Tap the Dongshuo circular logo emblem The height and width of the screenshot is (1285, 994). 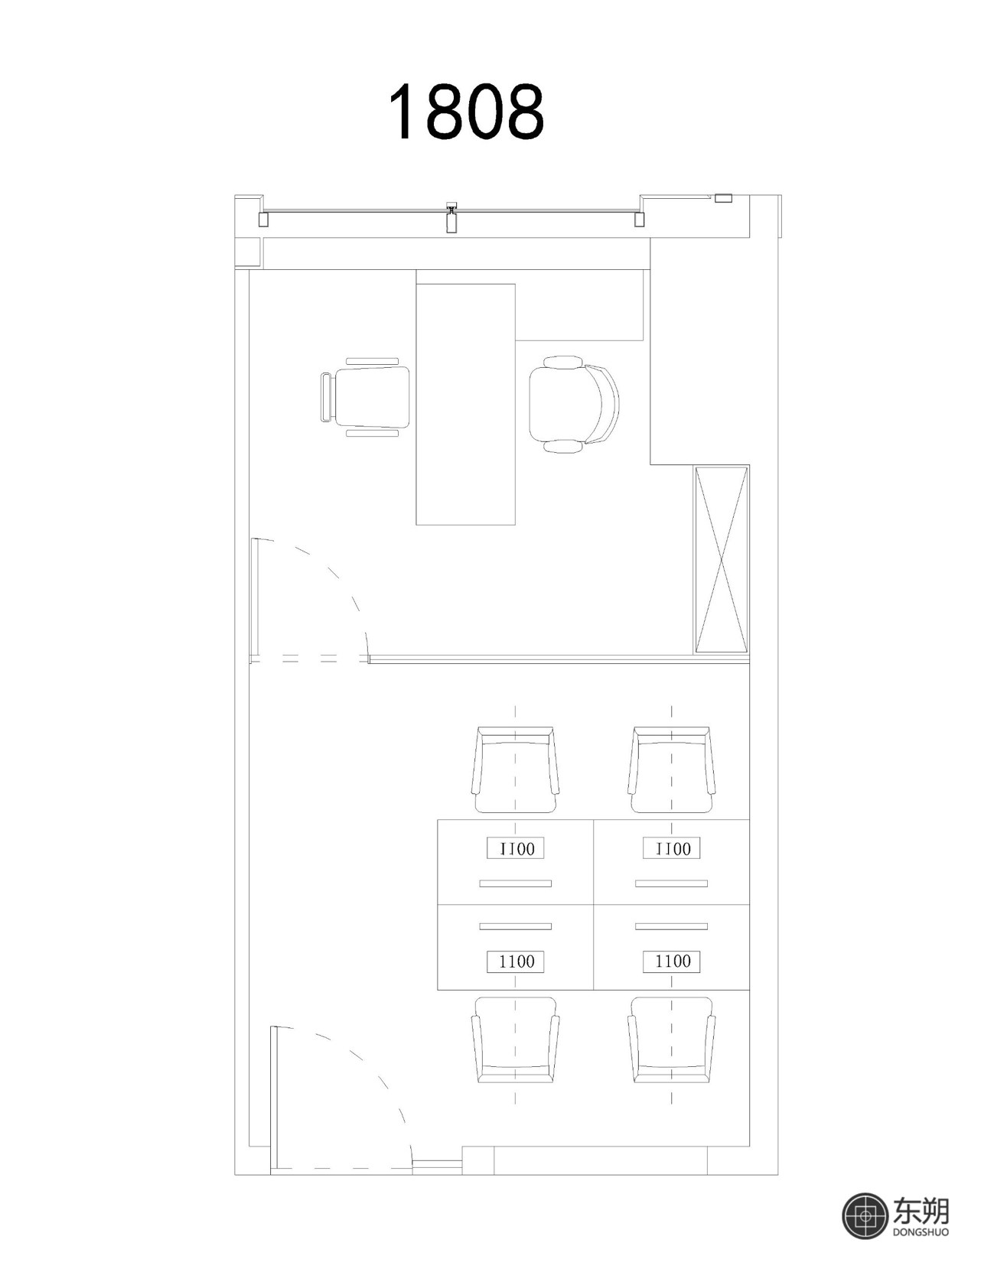[x=866, y=1215]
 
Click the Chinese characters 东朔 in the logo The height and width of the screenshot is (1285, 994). [x=921, y=1210]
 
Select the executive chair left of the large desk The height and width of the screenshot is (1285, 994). [x=365, y=396]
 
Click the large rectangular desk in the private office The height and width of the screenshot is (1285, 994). [x=465, y=405]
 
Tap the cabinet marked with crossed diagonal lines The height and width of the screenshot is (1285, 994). [x=721, y=559]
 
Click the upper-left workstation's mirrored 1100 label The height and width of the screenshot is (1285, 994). [x=516, y=848]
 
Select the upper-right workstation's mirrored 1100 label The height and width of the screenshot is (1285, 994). [x=672, y=848]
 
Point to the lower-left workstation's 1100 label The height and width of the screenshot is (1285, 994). [x=516, y=961]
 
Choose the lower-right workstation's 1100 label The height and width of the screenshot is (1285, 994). [x=672, y=961]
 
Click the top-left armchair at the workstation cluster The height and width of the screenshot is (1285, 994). [x=516, y=769]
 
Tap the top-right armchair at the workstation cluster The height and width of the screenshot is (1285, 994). [x=672, y=769]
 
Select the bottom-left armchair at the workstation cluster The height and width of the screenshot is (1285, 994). [x=516, y=1039]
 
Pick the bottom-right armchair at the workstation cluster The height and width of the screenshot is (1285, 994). [x=672, y=1039]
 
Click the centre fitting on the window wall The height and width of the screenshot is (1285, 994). [x=451, y=217]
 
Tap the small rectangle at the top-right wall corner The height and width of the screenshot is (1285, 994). [x=723, y=198]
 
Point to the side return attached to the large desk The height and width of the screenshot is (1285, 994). [x=579, y=312]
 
